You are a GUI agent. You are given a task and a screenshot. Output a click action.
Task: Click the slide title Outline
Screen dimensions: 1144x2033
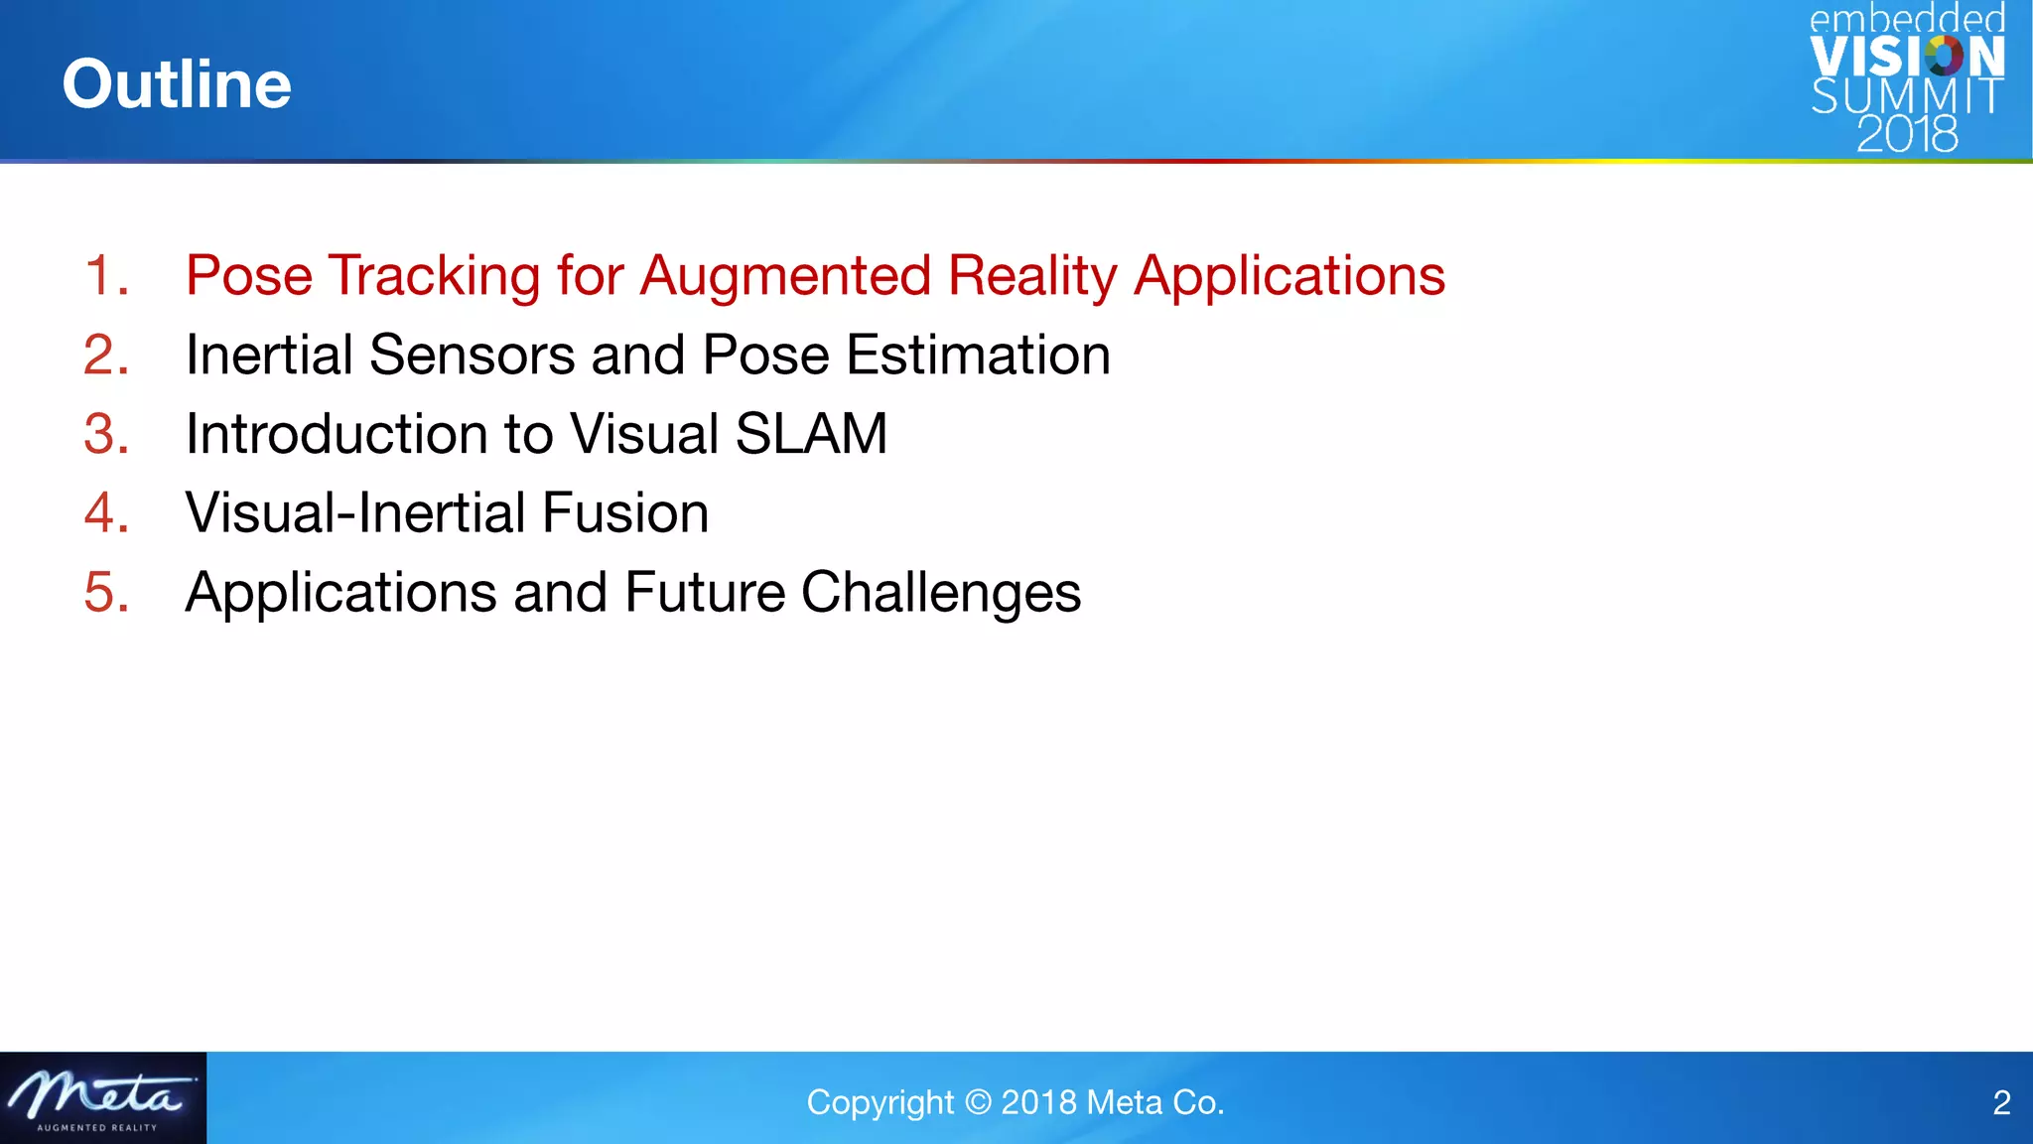pos(177,84)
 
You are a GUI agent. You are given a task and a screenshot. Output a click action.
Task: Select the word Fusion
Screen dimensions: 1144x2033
pos(625,512)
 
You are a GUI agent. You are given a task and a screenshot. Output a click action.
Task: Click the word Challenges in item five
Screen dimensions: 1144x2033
pos(940,593)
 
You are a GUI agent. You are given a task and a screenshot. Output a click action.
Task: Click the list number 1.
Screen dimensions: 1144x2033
pos(105,275)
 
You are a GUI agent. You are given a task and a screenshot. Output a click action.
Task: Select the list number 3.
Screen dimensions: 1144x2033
pos(105,434)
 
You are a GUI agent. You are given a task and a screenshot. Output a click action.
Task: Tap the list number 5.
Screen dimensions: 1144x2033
pos(105,593)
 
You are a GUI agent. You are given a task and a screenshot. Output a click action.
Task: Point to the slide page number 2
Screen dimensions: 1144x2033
pos(2001,1102)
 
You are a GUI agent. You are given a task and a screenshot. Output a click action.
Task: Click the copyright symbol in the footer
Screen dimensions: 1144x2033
pos(978,1102)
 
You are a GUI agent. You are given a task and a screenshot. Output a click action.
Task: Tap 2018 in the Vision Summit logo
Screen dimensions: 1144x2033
pos(1907,134)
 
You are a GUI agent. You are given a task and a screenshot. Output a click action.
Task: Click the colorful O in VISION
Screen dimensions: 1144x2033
pos(1944,57)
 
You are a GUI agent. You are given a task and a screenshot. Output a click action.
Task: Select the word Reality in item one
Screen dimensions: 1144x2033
pos(1032,275)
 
